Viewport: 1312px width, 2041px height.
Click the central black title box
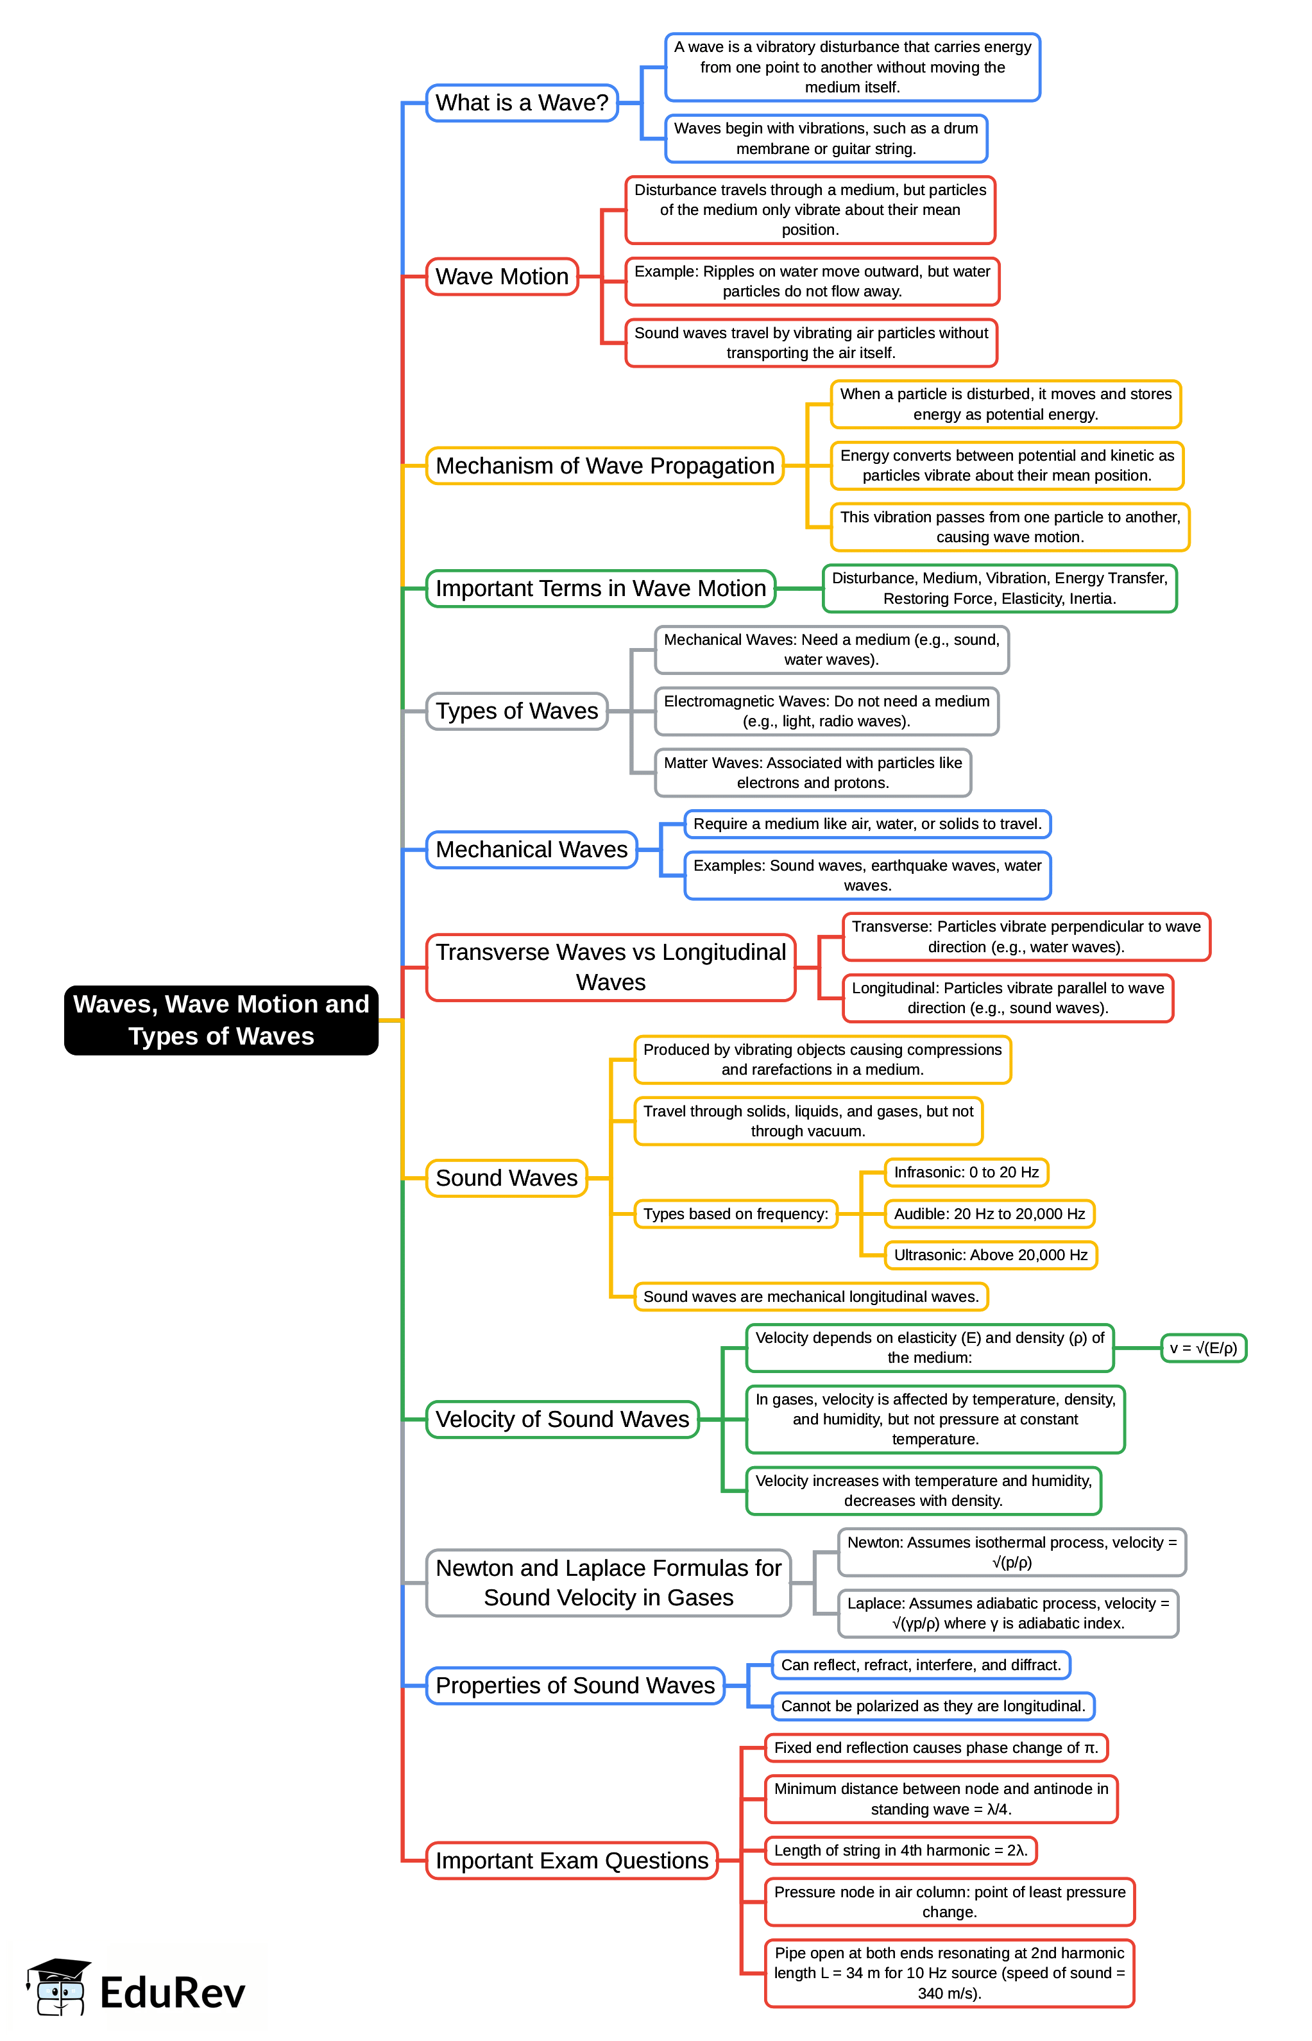221,1020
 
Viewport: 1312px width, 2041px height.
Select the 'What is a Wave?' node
522,103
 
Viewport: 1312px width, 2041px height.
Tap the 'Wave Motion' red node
502,277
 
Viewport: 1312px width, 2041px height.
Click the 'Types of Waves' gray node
516,712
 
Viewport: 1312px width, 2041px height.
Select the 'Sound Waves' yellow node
506,1178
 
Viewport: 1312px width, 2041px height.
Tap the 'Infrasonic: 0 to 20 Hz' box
966,1172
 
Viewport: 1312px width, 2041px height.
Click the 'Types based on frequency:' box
735,1214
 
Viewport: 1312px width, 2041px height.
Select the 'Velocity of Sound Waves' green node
561,1419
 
